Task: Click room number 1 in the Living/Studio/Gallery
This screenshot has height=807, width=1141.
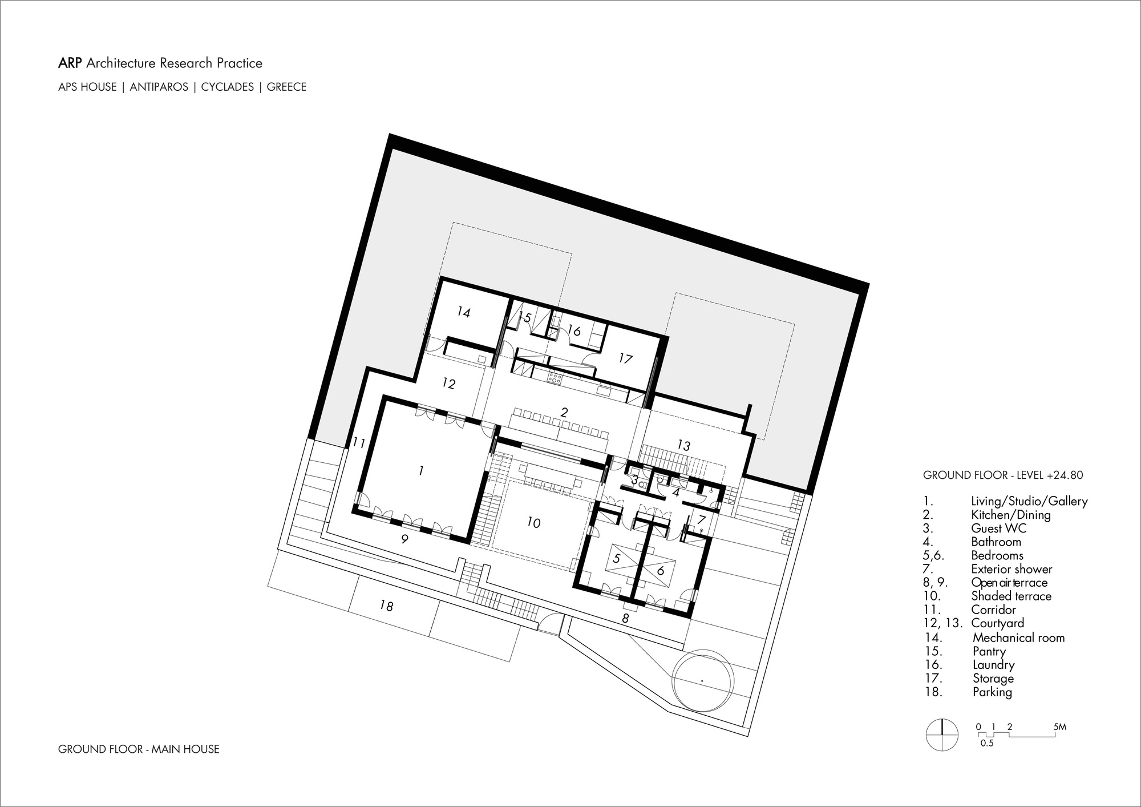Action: tap(421, 470)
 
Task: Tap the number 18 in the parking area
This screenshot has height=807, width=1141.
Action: tap(387, 606)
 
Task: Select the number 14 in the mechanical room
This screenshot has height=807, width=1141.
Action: tap(464, 312)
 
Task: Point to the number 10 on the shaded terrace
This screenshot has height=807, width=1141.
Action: tap(533, 522)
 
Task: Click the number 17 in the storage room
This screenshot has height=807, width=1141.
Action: tap(626, 358)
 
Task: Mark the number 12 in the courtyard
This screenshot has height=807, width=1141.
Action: tap(449, 384)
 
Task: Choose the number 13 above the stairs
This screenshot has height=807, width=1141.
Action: tap(683, 445)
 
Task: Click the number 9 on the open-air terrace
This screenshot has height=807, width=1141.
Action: tap(404, 539)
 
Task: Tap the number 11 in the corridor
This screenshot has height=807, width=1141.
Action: tap(359, 442)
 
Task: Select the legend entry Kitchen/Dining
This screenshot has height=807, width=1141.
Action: tap(1010, 515)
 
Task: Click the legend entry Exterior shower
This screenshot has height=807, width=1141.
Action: tap(1011, 569)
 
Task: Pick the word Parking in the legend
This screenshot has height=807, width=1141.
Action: tap(992, 692)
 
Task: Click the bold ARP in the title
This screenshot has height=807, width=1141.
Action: tap(70, 63)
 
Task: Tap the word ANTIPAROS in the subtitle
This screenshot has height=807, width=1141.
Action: tap(159, 87)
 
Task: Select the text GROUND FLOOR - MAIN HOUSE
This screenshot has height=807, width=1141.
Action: tap(139, 749)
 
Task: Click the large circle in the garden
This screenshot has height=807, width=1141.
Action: tap(702, 680)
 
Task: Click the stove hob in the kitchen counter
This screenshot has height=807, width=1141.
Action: tap(556, 377)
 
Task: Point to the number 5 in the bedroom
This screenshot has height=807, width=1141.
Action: tap(616, 558)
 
